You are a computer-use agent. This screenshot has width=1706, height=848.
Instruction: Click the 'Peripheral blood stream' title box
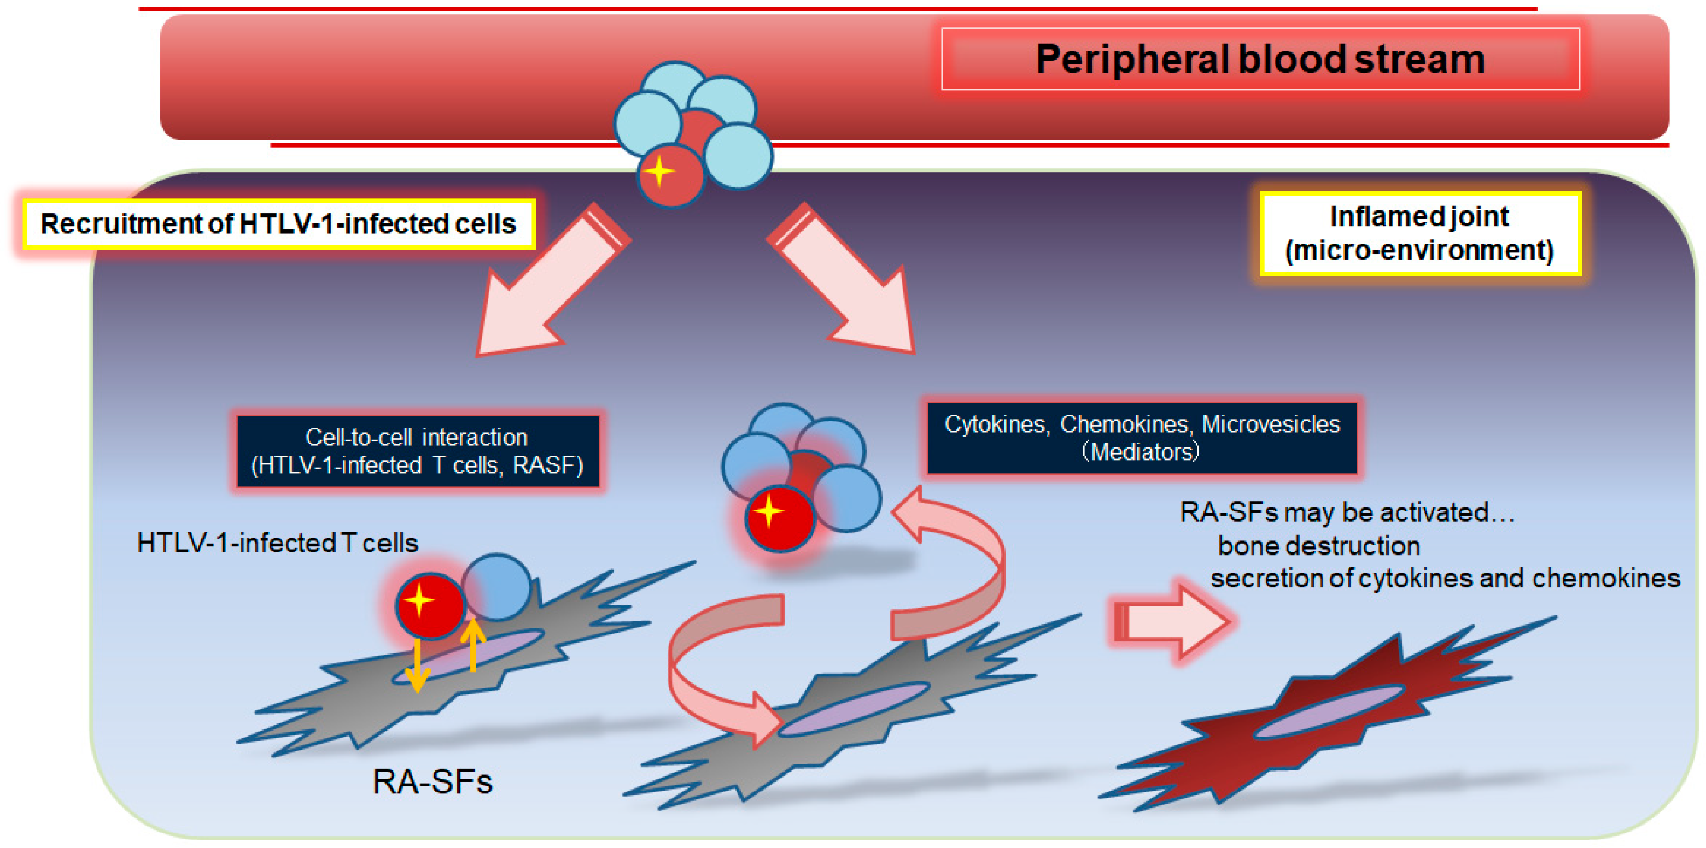pyautogui.click(x=1260, y=59)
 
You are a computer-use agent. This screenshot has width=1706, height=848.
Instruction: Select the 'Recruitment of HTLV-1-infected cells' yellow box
pyautogui.click(x=278, y=225)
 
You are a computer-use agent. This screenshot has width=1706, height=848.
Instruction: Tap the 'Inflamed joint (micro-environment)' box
pyautogui.click(x=1419, y=234)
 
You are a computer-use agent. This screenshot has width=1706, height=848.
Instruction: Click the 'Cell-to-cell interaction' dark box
pyautogui.click(x=417, y=451)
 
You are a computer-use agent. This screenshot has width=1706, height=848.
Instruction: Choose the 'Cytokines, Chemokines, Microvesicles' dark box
pyautogui.click(x=1141, y=438)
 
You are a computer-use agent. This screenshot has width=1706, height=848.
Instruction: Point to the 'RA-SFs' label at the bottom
pyautogui.click(x=433, y=782)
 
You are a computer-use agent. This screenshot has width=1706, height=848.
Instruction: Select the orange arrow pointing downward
pyautogui.click(x=417, y=666)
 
